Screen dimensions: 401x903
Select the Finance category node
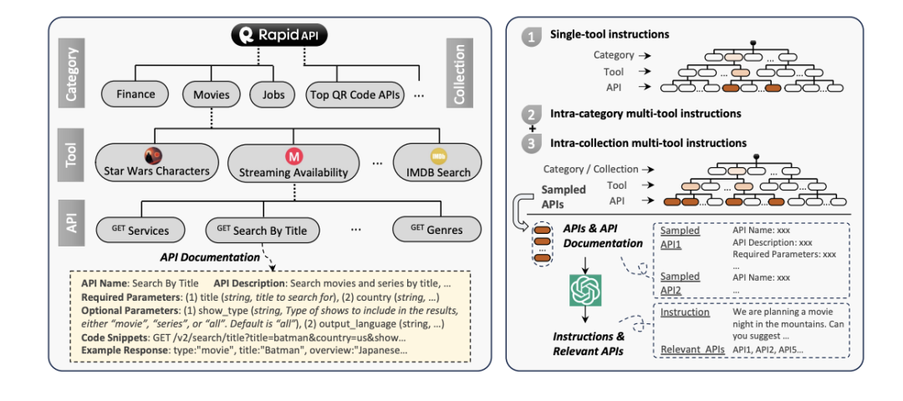135,94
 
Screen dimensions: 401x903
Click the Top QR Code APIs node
355,95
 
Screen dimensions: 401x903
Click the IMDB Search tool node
438,163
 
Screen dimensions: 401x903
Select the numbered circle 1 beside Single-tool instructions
529,36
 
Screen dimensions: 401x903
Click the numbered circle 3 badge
529,144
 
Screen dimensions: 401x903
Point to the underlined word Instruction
685,312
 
